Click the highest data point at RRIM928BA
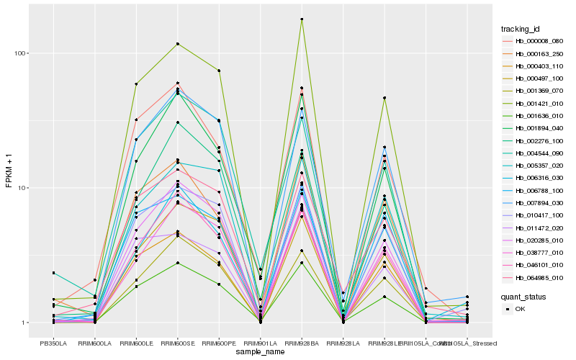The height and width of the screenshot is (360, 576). coord(302,19)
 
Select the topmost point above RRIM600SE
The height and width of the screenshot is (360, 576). coord(177,44)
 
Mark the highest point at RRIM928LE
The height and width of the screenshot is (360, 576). coord(384,98)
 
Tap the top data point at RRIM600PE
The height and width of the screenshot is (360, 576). coord(219,71)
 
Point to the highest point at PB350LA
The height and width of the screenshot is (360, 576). coord(53,273)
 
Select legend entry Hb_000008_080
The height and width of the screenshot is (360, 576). coord(537,41)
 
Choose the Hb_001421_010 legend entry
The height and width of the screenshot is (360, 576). coord(537,103)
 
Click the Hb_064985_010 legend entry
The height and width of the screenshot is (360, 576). coord(537,277)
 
